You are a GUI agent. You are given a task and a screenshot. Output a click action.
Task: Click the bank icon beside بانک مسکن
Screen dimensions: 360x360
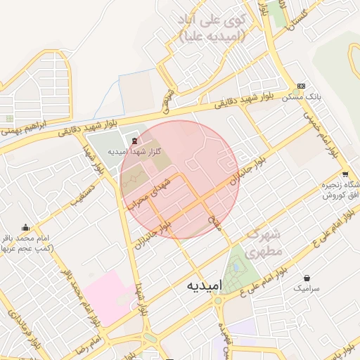click(x=302, y=85)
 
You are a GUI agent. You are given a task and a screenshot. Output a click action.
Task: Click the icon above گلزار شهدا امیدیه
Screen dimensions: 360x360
click(x=135, y=140)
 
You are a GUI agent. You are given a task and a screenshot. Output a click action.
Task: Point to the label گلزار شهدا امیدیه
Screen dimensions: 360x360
click(x=136, y=151)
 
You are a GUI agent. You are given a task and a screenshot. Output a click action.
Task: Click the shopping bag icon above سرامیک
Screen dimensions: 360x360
click(x=307, y=278)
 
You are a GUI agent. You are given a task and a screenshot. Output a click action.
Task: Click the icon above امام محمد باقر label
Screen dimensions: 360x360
click(x=26, y=226)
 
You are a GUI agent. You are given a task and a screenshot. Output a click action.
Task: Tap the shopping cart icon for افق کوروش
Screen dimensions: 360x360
click(x=345, y=174)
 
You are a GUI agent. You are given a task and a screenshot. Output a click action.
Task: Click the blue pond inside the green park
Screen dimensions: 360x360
click(x=236, y=266)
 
